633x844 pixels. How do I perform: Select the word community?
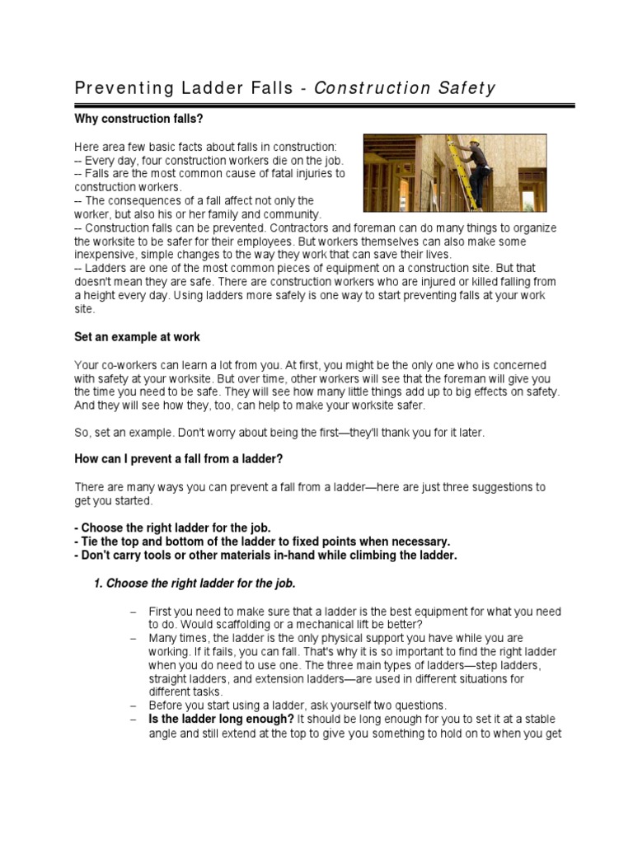[x=291, y=213]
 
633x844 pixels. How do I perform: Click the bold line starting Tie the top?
[x=261, y=541]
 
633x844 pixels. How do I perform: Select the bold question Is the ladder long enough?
[x=221, y=719]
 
